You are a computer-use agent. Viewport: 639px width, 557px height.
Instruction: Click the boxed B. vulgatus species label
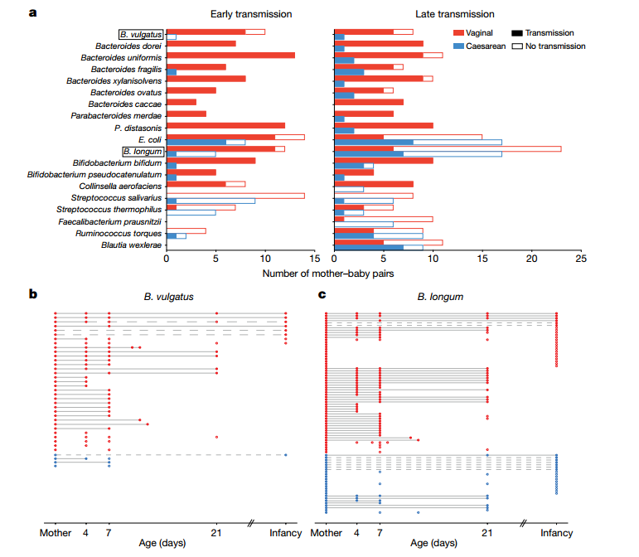(x=139, y=35)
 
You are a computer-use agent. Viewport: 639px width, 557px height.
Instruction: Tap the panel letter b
(x=33, y=293)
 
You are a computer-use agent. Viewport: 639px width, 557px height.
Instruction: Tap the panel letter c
(x=322, y=293)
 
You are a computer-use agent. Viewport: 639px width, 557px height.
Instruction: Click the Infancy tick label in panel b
(x=285, y=533)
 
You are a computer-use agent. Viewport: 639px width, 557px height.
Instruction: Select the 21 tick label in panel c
(x=487, y=533)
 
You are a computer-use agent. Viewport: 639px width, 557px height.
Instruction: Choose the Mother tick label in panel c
(x=326, y=533)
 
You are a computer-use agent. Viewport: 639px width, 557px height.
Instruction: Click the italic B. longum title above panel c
(x=441, y=296)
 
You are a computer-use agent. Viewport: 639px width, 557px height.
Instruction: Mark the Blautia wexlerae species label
(x=131, y=245)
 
